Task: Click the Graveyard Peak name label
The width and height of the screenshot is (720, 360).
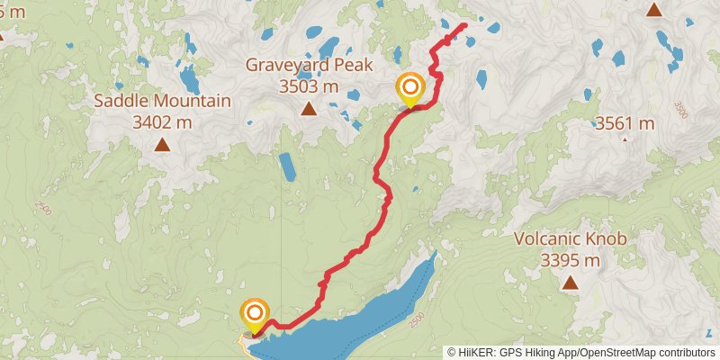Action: coord(308,66)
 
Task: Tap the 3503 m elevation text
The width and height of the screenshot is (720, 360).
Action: coord(308,87)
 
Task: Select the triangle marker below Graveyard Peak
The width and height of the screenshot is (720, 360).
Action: coord(309,110)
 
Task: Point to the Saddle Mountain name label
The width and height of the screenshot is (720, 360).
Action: coord(162,101)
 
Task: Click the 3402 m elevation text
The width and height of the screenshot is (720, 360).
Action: coord(162,122)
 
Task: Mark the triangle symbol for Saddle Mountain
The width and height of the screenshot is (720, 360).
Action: coord(162,144)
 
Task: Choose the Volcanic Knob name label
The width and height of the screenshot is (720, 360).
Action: coord(570,239)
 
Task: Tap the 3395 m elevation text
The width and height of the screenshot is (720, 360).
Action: coord(570,261)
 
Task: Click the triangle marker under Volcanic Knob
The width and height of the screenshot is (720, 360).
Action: coord(570,283)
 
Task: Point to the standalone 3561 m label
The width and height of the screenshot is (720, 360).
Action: coord(625,123)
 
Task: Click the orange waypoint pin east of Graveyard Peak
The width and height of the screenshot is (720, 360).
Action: coord(410,89)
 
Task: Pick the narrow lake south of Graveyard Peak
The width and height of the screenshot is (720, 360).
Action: coord(287,166)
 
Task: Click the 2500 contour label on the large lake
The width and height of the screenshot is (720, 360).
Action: coord(415,319)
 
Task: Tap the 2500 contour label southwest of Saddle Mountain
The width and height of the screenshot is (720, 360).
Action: coord(42,207)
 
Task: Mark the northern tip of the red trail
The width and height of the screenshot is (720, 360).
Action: coord(464,25)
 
